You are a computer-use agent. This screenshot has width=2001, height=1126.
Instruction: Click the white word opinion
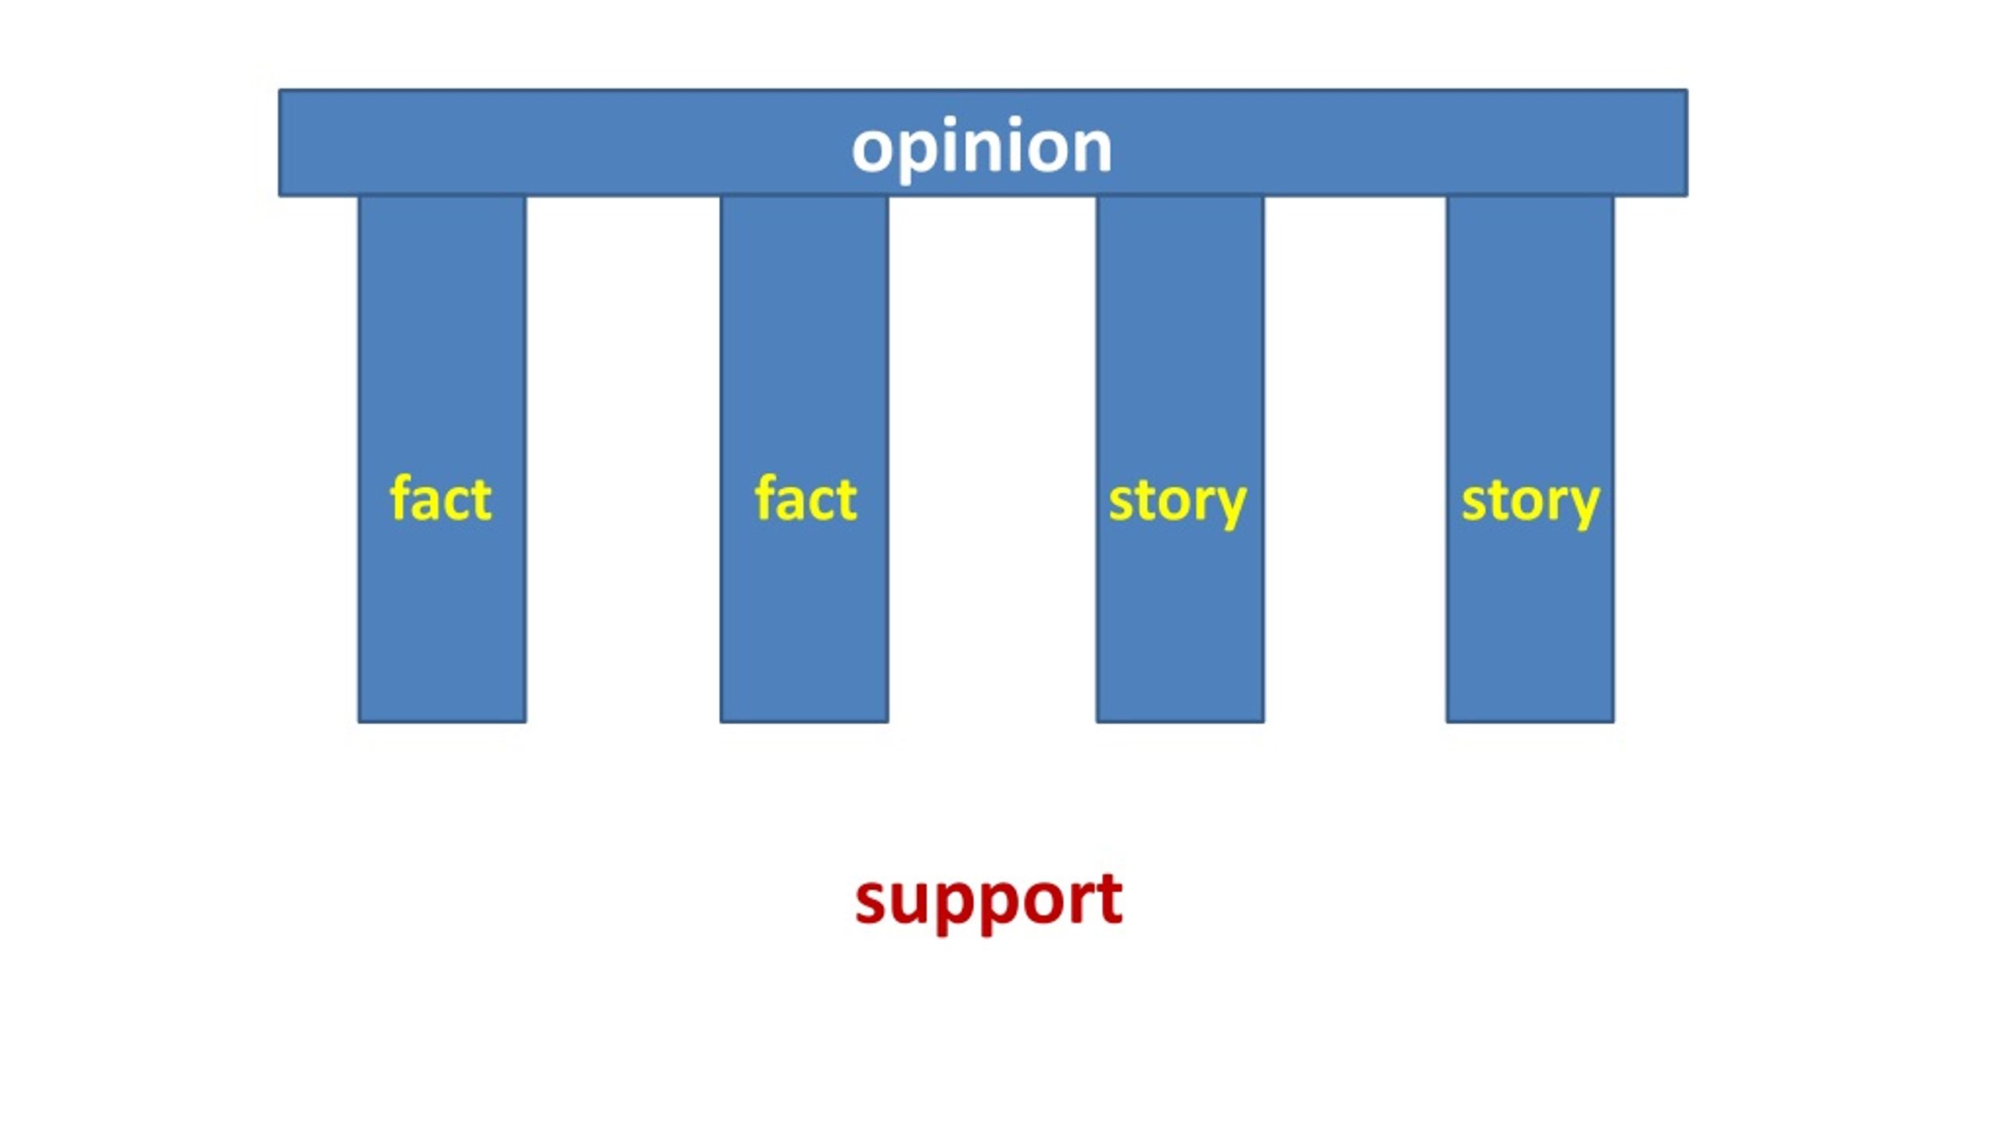click(982, 149)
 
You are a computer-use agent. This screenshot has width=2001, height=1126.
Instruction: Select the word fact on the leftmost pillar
click(441, 497)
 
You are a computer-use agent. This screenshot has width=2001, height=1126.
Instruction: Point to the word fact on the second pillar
click(805, 497)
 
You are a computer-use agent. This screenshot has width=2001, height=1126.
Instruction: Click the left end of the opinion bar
click(280, 142)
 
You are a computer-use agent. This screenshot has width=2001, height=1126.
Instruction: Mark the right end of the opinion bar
click(1687, 142)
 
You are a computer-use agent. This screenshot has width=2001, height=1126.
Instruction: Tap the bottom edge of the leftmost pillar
click(442, 722)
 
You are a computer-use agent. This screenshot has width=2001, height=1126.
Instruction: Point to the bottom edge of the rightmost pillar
click(1530, 722)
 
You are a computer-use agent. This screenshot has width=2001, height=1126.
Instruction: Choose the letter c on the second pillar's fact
click(822, 502)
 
